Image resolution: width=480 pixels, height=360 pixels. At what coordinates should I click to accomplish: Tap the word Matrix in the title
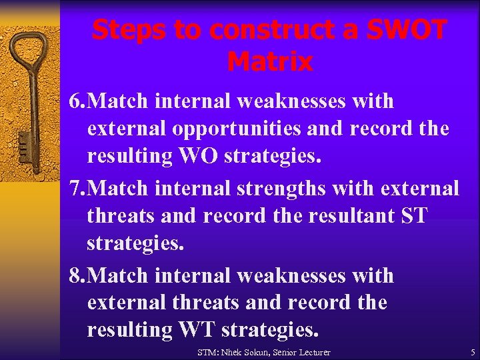269,62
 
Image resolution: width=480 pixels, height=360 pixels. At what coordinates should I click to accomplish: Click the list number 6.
76,101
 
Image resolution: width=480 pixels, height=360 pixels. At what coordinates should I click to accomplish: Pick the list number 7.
76,189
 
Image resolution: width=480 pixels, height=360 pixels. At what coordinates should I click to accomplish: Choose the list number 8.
76,275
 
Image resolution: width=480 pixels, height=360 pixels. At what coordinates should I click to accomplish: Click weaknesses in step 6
290,101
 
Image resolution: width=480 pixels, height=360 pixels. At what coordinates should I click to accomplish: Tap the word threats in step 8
206,303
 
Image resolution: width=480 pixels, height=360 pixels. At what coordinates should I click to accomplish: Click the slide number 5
473,352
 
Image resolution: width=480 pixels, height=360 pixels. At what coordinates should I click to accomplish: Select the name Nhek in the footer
234,352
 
